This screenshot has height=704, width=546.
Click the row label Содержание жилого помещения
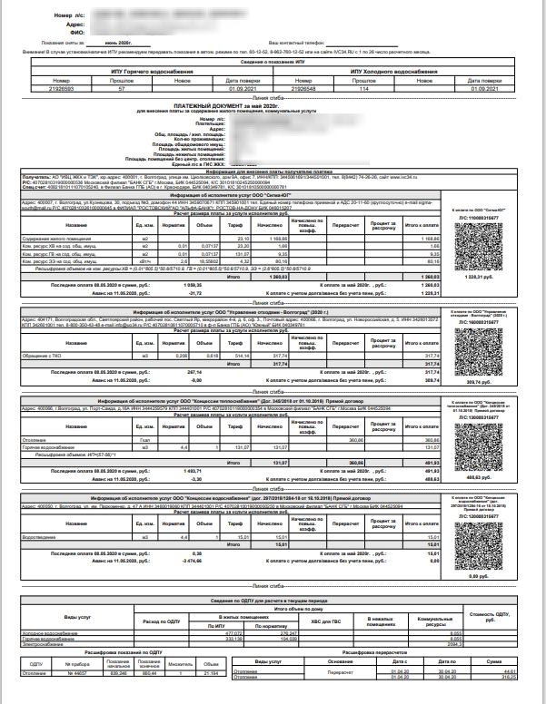click(x=73, y=238)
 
